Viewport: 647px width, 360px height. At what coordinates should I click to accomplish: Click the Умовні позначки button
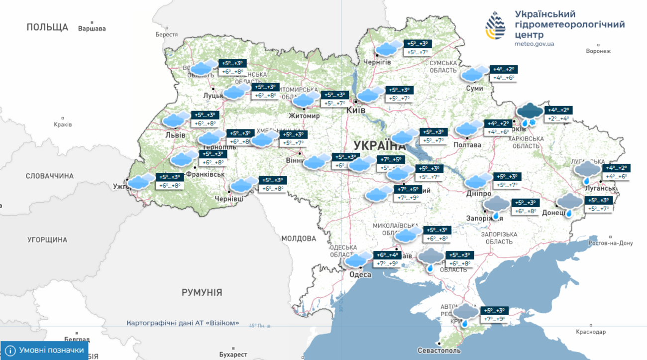click(x=45, y=351)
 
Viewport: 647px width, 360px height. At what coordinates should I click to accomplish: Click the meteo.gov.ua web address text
click(x=534, y=44)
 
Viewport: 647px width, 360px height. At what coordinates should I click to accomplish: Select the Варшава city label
click(x=92, y=28)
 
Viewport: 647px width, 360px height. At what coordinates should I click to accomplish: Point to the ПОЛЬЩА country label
click(x=47, y=27)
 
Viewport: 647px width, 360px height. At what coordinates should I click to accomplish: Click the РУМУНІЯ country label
click(x=202, y=292)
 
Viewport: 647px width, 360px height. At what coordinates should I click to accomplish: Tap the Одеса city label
click(x=360, y=274)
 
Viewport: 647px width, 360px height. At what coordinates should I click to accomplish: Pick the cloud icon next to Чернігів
click(x=389, y=48)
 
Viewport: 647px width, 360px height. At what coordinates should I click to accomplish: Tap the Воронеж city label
click(x=598, y=51)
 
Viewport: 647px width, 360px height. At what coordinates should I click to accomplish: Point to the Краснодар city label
click(x=591, y=332)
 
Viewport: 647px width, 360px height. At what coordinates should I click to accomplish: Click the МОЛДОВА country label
click(x=299, y=239)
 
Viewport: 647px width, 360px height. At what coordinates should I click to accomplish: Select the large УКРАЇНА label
click(x=379, y=145)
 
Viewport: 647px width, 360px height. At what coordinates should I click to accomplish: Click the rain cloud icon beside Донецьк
click(x=569, y=204)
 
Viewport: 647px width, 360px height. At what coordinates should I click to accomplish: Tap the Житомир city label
click(x=304, y=116)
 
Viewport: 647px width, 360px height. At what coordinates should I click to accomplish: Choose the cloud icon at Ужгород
click(x=141, y=182)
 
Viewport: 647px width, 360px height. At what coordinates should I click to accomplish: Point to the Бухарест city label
click(x=233, y=355)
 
